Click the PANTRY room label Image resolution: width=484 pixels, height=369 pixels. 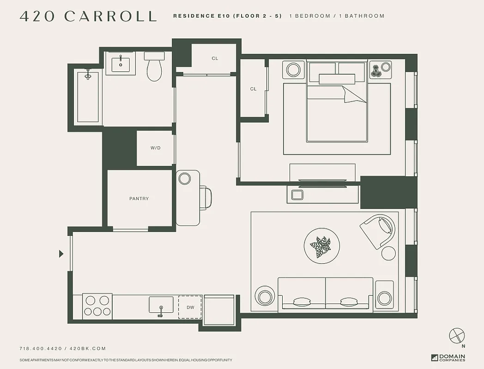coord(139,199)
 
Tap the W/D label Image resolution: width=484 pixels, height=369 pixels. coord(155,148)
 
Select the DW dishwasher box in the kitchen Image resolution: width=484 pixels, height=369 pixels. coord(190,307)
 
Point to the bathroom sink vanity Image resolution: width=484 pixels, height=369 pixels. coord(121,63)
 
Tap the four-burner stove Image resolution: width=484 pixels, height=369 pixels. coord(97,306)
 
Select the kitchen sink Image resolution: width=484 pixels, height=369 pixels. coord(161,305)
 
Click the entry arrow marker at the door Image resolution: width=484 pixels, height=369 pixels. coord(61,253)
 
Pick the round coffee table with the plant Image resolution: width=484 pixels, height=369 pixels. coord(322,246)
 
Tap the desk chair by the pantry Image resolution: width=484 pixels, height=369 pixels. coord(206,197)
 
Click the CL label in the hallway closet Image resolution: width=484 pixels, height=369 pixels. coord(215,59)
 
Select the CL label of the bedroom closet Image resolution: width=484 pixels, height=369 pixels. coord(253,89)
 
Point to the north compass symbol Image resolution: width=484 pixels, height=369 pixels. coord(456,335)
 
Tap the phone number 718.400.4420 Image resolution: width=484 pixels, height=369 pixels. coord(40,349)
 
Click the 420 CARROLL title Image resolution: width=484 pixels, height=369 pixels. coord(88,16)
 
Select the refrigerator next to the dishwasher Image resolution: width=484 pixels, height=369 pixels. coord(219,310)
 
